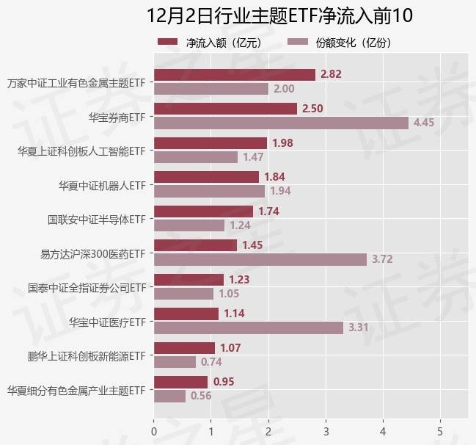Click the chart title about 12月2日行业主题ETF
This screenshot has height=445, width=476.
pyautogui.click(x=279, y=15)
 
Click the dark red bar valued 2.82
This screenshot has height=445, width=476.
pyautogui.click(x=234, y=74)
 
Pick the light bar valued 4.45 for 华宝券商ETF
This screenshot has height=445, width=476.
pyautogui.click(x=281, y=123)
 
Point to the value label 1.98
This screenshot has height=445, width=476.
pyautogui.click(x=282, y=142)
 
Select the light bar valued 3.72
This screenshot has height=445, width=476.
pyautogui.click(x=260, y=259)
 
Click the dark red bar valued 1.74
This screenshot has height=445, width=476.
pyautogui.click(x=203, y=211)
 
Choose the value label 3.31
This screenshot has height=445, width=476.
pyautogui.click(x=359, y=328)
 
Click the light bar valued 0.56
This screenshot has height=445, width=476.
pyautogui.click(x=169, y=396)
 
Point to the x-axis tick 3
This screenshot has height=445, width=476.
pyautogui.click(x=326, y=431)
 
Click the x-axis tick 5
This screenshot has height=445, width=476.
pyautogui.click(x=440, y=431)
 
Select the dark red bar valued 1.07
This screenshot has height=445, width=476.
pyautogui.click(x=184, y=347)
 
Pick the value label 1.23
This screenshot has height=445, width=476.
pyautogui.click(x=239, y=279)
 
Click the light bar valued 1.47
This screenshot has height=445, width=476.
pyautogui.click(x=196, y=157)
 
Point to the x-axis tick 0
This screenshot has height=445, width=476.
pyautogui.click(x=154, y=431)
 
